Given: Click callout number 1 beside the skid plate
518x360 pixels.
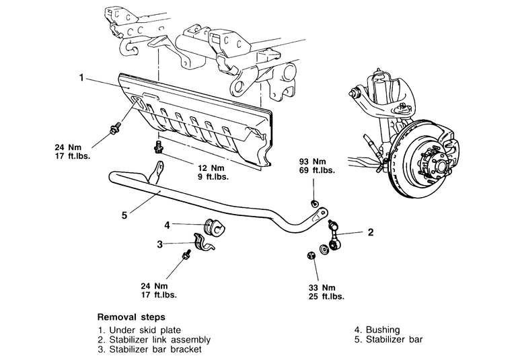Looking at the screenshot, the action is (x=81, y=78).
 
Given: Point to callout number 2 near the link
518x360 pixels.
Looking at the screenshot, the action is (x=371, y=232).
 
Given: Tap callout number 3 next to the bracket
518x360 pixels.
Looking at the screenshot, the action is (x=160, y=244).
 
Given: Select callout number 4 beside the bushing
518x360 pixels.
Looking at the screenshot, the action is (x=167, y=225).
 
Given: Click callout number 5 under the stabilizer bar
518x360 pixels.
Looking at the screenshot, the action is (x=124, y=215).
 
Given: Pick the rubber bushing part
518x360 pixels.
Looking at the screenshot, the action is (x=213, y=227).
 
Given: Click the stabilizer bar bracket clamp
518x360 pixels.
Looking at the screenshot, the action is (x=202, y=243).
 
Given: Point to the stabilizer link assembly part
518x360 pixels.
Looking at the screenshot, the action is (x=334, y=236).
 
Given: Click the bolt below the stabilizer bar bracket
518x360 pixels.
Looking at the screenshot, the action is (x=186, y=255).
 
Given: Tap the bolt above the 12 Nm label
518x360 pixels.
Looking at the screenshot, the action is (x=158, y=147).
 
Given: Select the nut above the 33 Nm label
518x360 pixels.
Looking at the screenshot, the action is (x=311, y=256).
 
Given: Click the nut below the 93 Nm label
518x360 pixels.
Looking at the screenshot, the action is (x=314, y=203).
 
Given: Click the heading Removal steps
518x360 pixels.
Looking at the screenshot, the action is (x=131, y=317).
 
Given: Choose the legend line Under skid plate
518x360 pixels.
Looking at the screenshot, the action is (x=139, y=330).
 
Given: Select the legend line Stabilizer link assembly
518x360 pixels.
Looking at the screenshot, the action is (x=154, y=340).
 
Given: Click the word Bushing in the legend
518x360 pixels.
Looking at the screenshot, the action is (x=383, y=330).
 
